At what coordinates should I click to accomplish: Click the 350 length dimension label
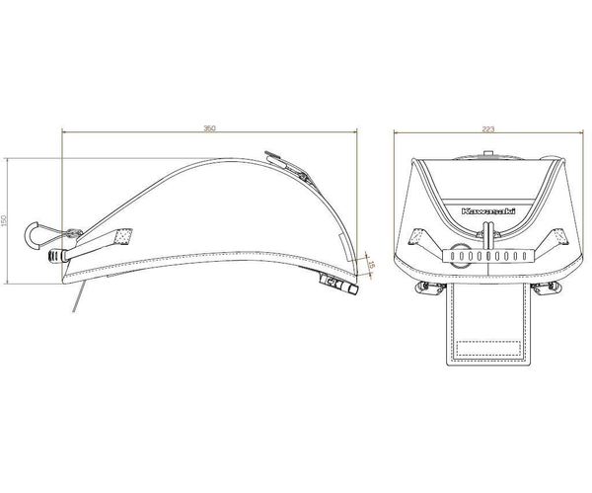(209, 128)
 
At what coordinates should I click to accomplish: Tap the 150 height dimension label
(4, 221)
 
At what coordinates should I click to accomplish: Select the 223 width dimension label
(487, 129)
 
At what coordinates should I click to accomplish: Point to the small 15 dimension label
(371, 265)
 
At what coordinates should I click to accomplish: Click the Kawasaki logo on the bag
(487, 211)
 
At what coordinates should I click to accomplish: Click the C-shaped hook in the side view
(31, 235)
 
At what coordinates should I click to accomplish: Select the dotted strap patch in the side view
(124, 237)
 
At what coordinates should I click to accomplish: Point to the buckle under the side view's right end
(338, 285)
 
